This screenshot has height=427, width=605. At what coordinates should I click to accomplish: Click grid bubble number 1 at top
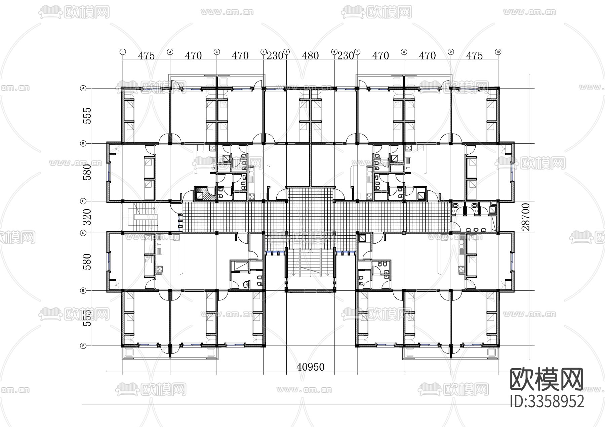(x=123, y=52)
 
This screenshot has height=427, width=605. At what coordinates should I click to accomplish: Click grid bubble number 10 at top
(x=498, y=52)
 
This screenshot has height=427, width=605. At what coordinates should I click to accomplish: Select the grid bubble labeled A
(x=83, y=88)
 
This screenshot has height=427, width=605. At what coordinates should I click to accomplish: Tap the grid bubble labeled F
(x=83, y=345)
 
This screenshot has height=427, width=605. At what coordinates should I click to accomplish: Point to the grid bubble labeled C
(x=83, y=201)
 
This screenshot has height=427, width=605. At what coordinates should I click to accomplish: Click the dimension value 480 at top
(x=310, y=56)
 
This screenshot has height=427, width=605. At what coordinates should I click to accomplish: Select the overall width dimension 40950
(x=310, y=367)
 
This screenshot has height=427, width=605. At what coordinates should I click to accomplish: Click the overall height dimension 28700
(x=526, y=217)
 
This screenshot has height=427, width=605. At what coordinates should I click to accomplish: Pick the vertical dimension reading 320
(x=87, y=217)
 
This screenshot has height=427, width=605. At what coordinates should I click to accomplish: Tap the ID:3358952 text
(x=547, y=401)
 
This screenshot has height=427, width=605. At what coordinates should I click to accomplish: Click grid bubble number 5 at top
(x=286, y=52)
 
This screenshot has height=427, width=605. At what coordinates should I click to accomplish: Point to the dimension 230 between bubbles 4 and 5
(x=275, y=56)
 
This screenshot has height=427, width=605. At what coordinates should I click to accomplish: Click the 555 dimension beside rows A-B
(x=87, y=116)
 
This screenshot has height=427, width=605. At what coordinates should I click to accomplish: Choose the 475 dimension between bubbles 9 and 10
(x=474, y=56)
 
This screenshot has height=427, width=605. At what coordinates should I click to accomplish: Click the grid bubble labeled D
(x=83, y=232)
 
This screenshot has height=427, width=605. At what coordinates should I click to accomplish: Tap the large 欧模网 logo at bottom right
(x=547, y=379)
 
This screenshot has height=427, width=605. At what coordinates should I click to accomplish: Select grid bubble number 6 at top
(x=334, y=52)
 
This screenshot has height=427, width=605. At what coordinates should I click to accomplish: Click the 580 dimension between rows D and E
(x=87, y=262)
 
